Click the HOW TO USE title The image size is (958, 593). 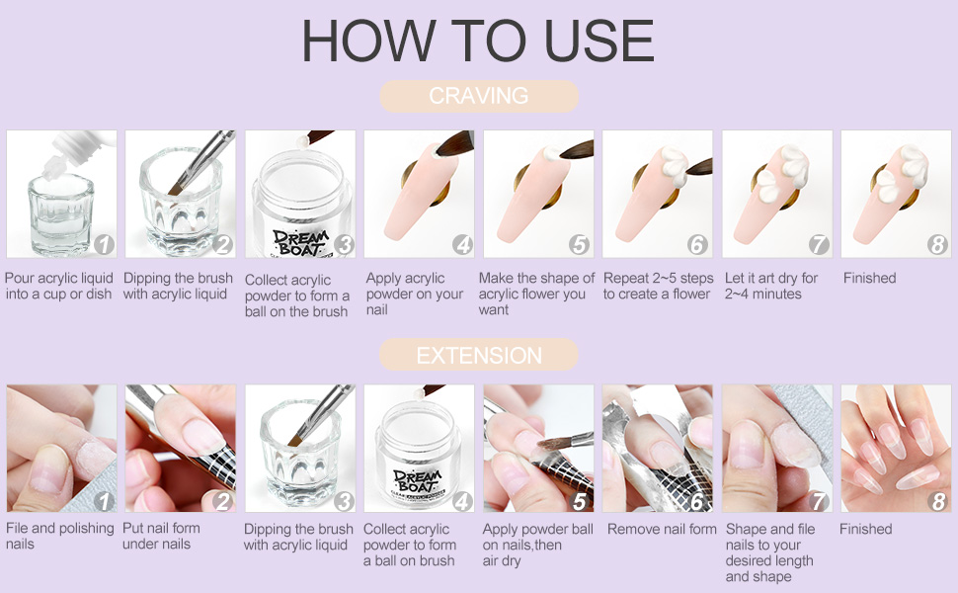478,41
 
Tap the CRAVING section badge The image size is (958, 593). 478,96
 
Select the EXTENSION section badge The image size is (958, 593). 478,355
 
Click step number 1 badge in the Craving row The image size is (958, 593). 104,244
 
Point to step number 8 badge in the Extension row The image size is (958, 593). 938,501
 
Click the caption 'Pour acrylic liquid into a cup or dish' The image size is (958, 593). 58,286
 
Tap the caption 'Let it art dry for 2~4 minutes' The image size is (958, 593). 771,286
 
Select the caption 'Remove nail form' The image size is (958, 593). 662,529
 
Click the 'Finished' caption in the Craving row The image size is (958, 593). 869,278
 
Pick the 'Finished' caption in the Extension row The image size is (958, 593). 866,529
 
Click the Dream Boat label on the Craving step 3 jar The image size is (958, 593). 300,242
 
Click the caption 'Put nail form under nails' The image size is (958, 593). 161,536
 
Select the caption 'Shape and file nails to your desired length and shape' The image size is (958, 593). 769,552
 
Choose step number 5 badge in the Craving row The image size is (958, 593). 579,244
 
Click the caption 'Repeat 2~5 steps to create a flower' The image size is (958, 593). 658,286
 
